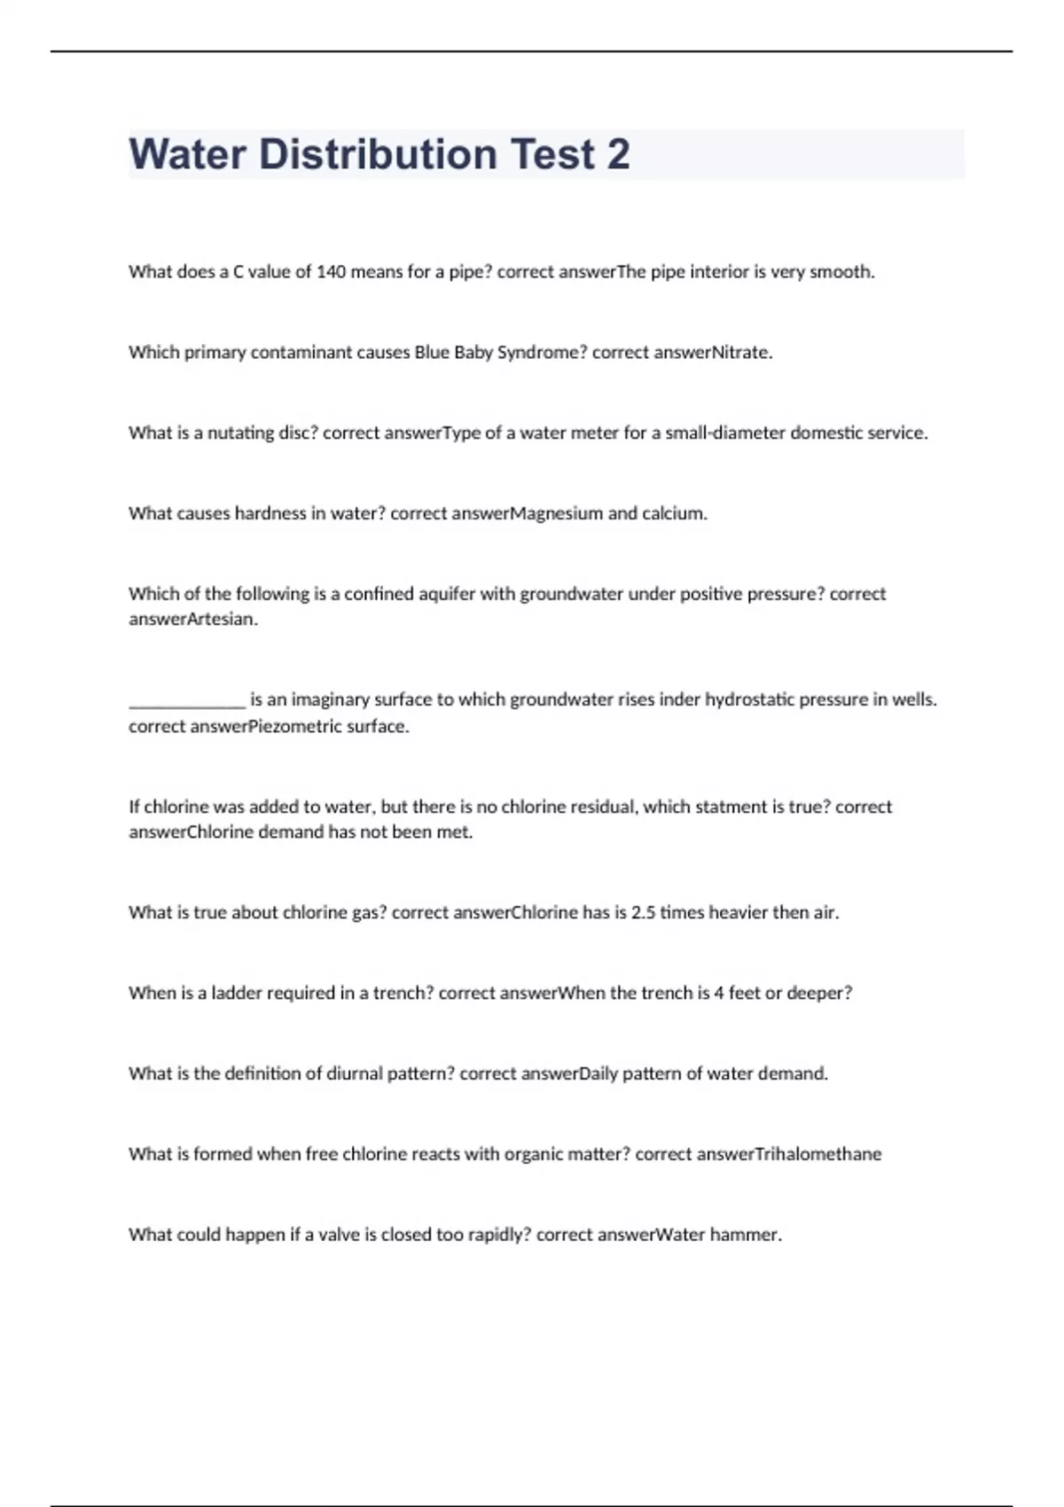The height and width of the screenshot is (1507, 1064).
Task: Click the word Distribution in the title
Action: pos(378,154)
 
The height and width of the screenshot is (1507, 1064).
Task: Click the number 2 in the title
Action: pos(618,154)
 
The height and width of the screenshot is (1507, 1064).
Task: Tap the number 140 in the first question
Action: pos(331,272)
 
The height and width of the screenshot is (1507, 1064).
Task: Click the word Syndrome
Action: pos(543,353)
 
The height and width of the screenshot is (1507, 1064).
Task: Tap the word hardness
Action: pos(270,513)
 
